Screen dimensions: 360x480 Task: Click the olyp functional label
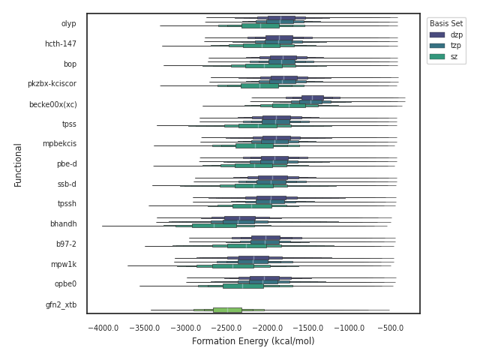coord(68,24)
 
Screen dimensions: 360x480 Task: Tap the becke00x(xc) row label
coord(52,104)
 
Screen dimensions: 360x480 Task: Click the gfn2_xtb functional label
coord(61,304)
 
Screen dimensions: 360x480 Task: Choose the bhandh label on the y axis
coord(63,224)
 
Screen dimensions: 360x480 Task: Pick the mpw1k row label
coord(64,264)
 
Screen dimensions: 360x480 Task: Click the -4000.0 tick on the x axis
coord(103,328)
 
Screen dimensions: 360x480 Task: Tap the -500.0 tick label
coord(391,328)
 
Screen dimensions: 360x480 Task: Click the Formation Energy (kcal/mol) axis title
coord(253,342)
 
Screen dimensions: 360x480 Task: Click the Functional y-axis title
coord(18,164)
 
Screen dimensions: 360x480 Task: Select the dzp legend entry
coord(456,34)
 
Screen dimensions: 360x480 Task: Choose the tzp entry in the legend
coord(456,45)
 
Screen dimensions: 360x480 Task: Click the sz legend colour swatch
coord(437,56)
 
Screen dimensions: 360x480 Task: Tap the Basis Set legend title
coord(445,23)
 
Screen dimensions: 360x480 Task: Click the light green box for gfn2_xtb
coord(227,310)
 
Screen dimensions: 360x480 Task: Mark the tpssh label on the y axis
coord(67,204)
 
